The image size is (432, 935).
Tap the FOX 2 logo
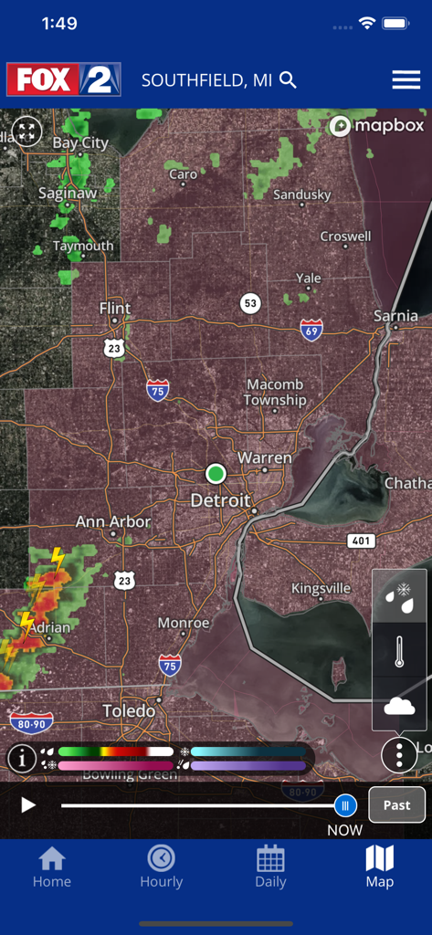click(x=63, y=80)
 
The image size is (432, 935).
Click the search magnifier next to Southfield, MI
click(x=288, y=80)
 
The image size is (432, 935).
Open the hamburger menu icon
click(x=406, y=80)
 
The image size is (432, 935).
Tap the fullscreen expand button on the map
click(x=27, y=131)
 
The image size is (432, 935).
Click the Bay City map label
click(x=80, y=143)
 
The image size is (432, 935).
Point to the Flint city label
click(x=115, y=309)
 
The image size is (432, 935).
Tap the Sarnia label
click(x=395, y=317)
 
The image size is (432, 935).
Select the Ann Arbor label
click(x=113, y=522)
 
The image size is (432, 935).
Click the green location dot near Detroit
click(x=216, y=473)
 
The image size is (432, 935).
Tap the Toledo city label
click(x=129, y=710)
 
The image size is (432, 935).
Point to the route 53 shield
click(x=249, y=302)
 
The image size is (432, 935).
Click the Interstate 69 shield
click(x=311, y=330)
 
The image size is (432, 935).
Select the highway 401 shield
click(x=362, y=541)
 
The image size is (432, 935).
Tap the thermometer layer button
click(x=399, y=649)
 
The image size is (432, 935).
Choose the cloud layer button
click(x=399, y=704)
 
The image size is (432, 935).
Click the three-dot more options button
click(x=399, y=755)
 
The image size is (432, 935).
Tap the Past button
click(x=396, y=805)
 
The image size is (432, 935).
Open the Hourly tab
click(x=161, y=867)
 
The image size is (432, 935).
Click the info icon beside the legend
click(x=22, y=758)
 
